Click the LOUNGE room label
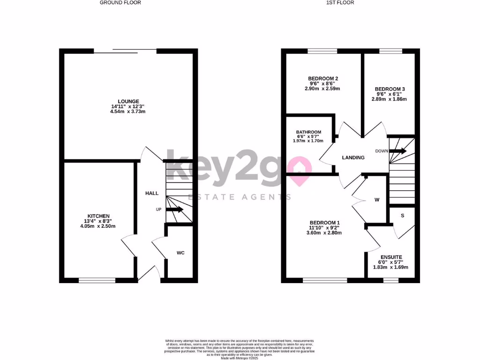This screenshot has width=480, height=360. (x=128, y=101)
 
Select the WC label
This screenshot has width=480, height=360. (x=180, y=253)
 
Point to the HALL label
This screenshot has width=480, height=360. (x=151, y=193)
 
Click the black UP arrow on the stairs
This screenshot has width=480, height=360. (x=174, y=210)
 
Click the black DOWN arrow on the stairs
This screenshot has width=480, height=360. (x=397, y=151)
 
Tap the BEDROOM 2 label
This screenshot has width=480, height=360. (x=323, y=78)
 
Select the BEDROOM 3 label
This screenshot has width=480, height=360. (x=390, y=89)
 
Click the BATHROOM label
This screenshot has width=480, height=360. (x=308, y=132)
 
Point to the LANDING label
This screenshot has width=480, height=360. (x=353, y=158)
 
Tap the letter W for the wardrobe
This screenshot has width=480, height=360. (x=376, y=200)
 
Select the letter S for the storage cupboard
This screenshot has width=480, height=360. (x=402, y=216)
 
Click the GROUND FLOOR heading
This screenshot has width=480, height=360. (x=120, y=3)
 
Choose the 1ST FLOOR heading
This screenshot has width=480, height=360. (x=340, y=3)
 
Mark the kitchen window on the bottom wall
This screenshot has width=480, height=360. (x=97, y=280)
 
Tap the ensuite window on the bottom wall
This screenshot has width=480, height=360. (x=390, y=280)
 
